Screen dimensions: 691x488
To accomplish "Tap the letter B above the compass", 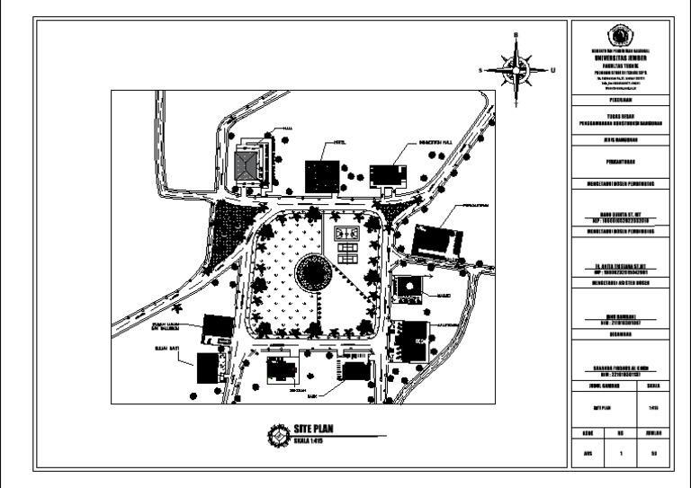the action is tap(516, 36).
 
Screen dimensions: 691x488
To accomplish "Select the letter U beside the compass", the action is tap(552, 69).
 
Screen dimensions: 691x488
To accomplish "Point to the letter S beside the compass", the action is tap(481, 69).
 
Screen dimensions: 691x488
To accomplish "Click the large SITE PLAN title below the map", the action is tap(313, 429).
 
